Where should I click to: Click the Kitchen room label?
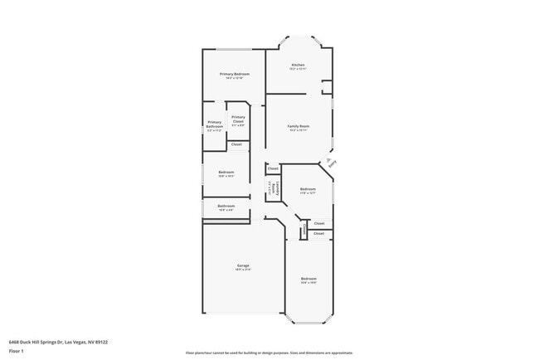(x=298, y=65)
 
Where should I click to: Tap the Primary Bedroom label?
(x=236, y=74)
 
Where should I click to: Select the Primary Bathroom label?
(x=214, y=124)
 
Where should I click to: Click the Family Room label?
(x=298, y=126)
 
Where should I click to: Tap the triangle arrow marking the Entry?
(x=329, y=158)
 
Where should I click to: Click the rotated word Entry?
(x=333, y=165)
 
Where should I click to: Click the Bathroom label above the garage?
(x=226, y=206)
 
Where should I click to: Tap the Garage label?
(x=243, y=265)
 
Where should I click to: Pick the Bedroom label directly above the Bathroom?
(x=226, y=173)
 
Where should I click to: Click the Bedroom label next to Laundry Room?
(x=308, y=189)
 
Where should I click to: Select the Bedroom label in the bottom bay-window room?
(x=308, y=279)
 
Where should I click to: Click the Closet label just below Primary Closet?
(x=236, y=144)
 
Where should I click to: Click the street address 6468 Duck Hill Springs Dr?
(x=58, y=341)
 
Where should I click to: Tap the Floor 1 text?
(x=17, y=351)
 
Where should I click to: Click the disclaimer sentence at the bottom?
(x=269, y=352)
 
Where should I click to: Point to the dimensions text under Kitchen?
(x=298, y=69)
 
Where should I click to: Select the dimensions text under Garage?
(x=243, y=270)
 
